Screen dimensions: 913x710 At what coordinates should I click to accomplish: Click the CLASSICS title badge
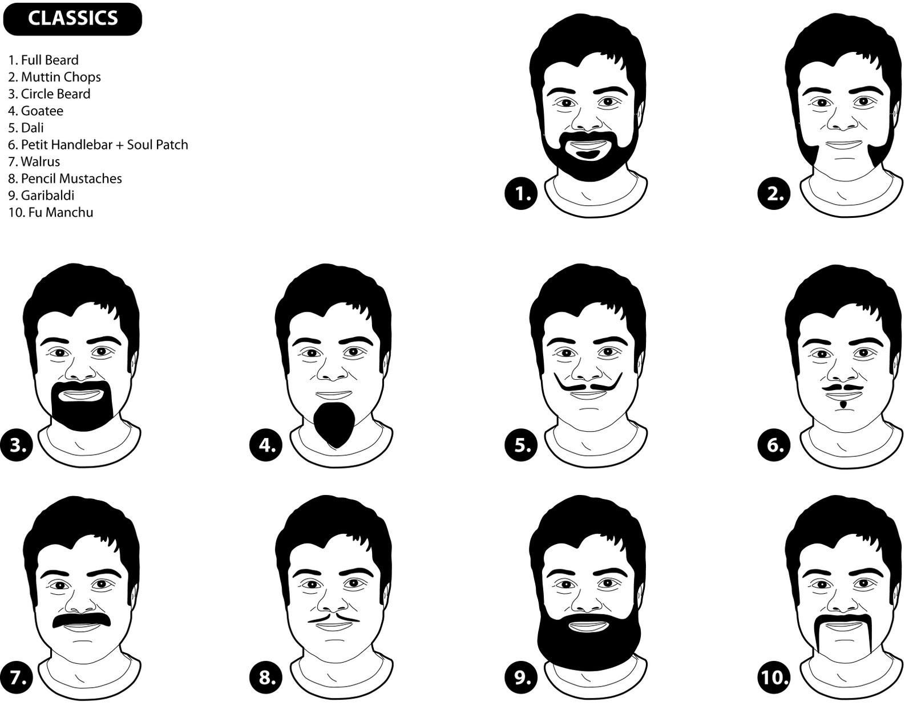point(72,19)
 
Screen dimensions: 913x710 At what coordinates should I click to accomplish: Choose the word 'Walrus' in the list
point(41,161)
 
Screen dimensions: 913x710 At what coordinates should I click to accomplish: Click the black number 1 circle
point(521,193)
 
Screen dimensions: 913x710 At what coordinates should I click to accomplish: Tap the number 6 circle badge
point(774,445)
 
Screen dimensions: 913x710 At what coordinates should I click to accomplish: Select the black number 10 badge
point(774,677)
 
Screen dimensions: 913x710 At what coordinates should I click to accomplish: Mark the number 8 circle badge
point(266,677)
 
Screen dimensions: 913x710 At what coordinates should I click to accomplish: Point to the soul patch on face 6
point(843,405)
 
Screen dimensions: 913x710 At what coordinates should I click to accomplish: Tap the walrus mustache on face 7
point(82,620)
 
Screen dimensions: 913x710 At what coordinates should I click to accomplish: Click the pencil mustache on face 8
point(334,619)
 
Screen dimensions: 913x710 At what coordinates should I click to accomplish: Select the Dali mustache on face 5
point(588,383)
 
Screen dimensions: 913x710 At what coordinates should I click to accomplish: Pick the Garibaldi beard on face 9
point(588,644)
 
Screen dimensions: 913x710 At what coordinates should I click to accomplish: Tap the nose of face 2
point(843,119)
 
